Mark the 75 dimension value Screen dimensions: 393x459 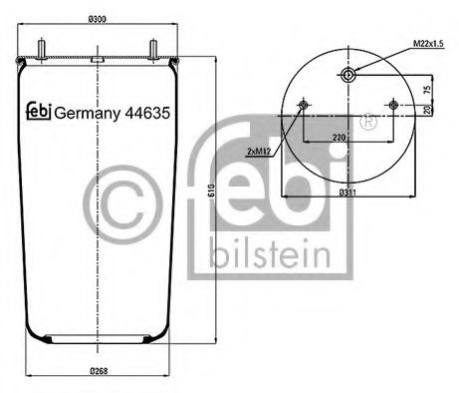click(427, 88)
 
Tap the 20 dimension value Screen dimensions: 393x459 click(427, 110)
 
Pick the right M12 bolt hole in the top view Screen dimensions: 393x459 click(394, 106)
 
